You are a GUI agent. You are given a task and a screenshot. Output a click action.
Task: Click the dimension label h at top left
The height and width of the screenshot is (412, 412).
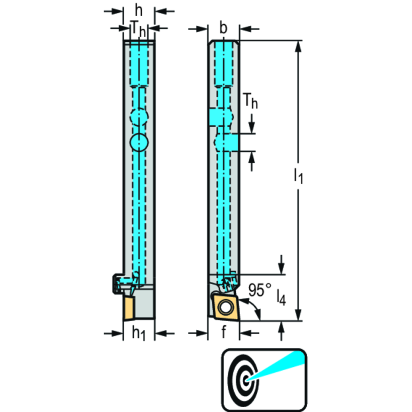[139, 11]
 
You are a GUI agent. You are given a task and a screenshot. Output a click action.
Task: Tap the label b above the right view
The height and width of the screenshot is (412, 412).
[223, 28]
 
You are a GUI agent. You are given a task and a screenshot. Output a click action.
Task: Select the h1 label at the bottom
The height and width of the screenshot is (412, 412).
[139, 333]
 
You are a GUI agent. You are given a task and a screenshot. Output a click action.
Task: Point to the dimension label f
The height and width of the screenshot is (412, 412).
[223, 332]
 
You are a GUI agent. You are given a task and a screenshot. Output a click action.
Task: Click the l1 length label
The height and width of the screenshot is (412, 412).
[298, 176]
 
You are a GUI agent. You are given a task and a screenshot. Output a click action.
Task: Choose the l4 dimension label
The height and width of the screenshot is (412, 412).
[281, 298]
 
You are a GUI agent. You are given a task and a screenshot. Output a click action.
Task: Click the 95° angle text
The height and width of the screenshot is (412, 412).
[260, 290]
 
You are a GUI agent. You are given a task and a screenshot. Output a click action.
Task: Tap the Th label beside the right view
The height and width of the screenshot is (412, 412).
[250, 101]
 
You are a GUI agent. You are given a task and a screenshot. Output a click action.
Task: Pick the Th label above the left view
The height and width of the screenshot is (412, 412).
[138, 30]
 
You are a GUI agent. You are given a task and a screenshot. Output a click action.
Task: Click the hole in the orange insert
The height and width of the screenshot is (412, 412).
[225, 307]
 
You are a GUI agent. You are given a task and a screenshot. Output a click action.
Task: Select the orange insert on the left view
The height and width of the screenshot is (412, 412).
[129, 308]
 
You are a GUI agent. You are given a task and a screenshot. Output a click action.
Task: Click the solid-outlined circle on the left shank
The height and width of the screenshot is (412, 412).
[139, 142]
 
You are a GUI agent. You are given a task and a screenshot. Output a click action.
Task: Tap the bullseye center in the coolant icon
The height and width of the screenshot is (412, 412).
[245, 380]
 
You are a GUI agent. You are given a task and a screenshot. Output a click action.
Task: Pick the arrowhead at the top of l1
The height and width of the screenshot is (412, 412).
[298, 47]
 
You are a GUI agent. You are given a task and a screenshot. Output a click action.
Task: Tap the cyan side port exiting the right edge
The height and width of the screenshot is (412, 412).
[231, 142]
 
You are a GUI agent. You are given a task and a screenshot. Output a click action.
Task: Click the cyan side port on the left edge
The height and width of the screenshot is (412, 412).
[217, 117]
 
